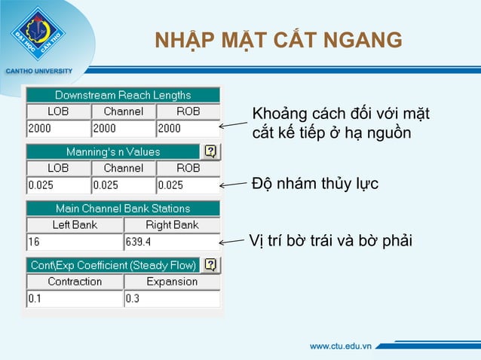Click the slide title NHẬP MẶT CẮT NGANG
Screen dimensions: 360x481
[x=278, y=38]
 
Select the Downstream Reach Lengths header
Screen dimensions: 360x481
[x=123, y=96]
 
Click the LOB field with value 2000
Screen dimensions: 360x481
[x=58, y=128]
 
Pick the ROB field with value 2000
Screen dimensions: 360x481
[x=188, y=128]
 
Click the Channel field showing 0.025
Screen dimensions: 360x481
[x=123, y=185]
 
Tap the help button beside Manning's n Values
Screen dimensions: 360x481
[x=211, y=151]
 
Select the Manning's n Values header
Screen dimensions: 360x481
[x=113, y=152]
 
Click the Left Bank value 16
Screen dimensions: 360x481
[x=74, y=242]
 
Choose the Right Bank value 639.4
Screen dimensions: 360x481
[x=171, y=242]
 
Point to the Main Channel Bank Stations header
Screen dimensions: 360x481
[x=123, y=208]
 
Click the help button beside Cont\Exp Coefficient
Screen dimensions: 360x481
[x=211, y=264]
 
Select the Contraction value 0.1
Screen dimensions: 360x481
[x=74, y=298]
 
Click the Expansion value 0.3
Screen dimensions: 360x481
[x=171, y=298]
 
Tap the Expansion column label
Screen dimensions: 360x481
[x=171, y=282]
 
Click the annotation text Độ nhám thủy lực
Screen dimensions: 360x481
[x=314, y=184]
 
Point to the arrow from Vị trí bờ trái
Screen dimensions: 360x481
[x=233, y=242]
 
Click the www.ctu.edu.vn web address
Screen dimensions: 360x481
[x=341, y=346]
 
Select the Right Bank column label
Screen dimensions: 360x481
[x=171, y=224]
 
